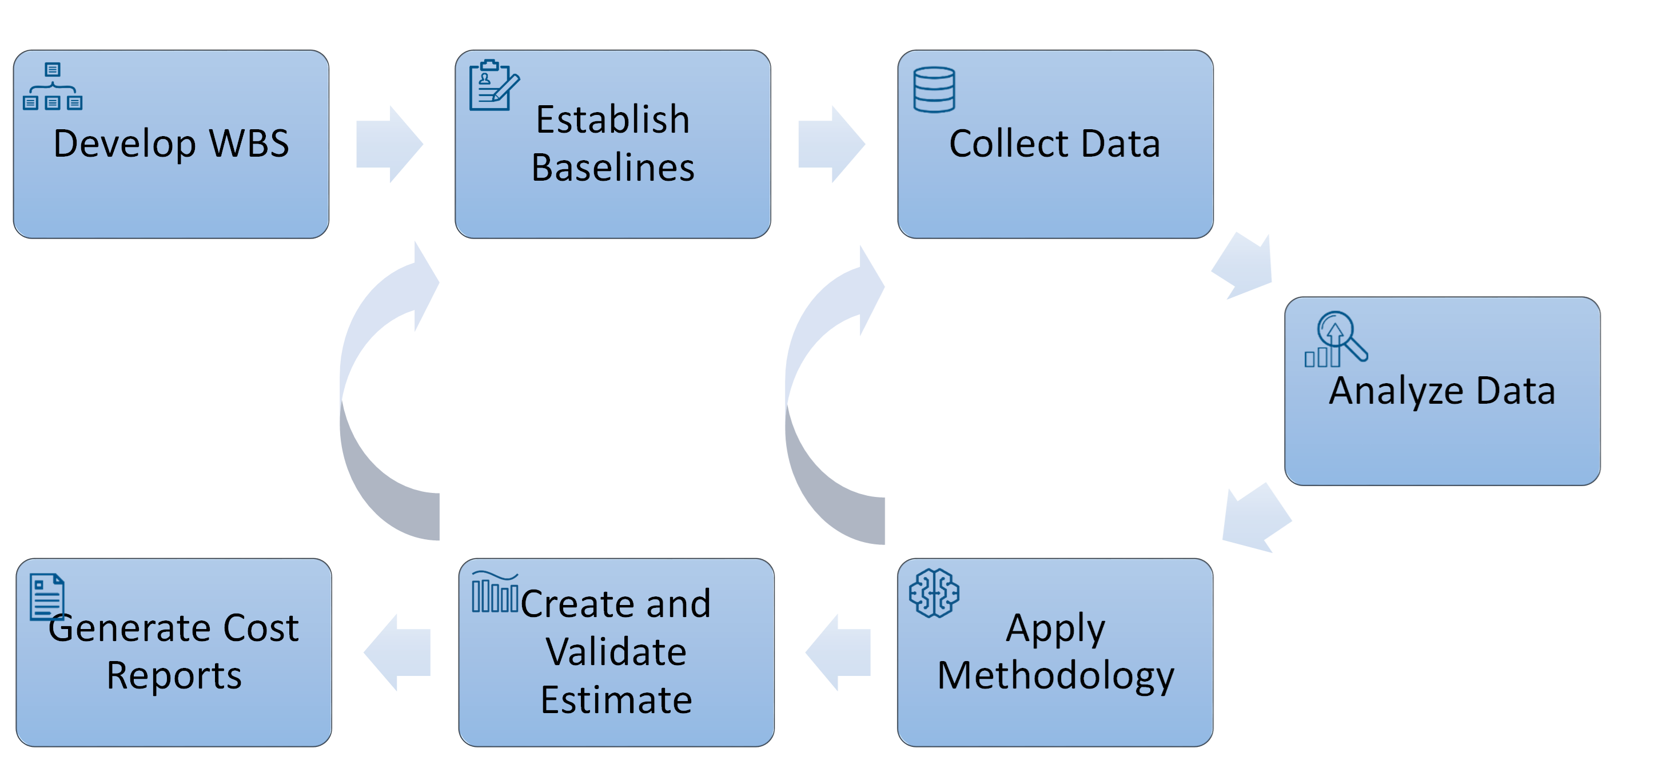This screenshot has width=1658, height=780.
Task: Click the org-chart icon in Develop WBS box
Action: click(53, 86)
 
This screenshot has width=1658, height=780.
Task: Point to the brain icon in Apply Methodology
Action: click(934, 593)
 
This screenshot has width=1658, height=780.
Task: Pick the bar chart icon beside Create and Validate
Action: click(495, 592)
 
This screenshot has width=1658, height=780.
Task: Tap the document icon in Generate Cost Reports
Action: click(47, 596)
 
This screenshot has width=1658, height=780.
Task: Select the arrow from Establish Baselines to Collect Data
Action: click(831, 144)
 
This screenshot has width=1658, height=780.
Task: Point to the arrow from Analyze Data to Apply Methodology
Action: click(1254, 518)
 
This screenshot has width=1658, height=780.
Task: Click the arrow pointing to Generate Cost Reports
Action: click(397, 652)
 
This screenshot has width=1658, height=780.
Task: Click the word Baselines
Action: click(613, 168)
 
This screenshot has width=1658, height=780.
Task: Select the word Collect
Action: click(1010, 144)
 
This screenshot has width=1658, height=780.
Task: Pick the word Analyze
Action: click(1397, 391)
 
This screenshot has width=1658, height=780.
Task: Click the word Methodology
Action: click(1055, 676)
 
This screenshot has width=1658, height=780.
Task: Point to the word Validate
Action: click(616, 652)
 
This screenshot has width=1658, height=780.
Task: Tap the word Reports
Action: click(174, 676)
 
